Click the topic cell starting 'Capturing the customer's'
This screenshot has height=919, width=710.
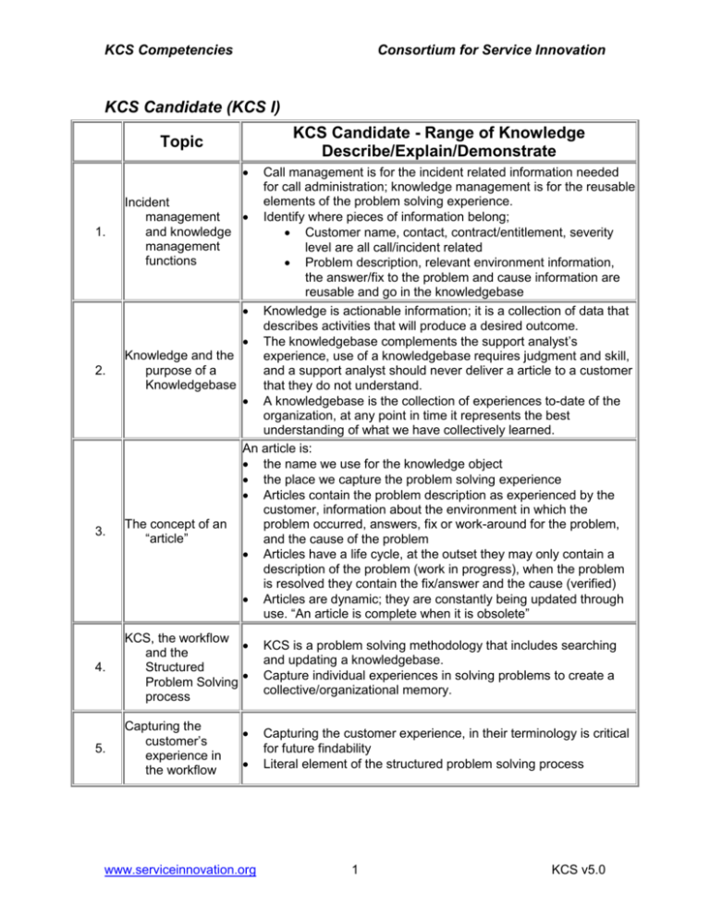point(177,751)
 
